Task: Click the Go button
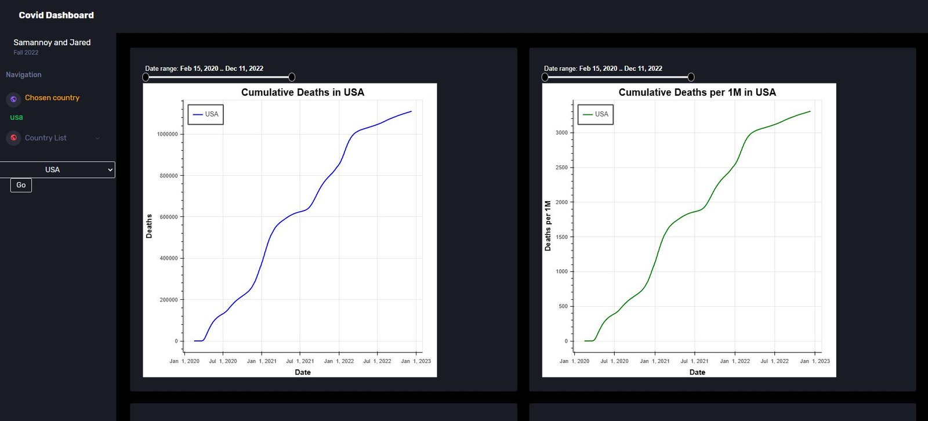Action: (21, 185)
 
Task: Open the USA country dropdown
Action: (57, 170)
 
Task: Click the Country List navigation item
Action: (46, 138)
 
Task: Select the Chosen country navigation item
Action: (52, 98)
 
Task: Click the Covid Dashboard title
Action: (56, 16)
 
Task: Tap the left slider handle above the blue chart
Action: (146, 77)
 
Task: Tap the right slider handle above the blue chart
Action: (292, 77)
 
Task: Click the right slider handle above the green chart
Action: (691, 77)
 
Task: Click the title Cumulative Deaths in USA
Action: (303, 92)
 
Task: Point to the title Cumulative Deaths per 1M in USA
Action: (697, 92)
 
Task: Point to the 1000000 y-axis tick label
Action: (168, 135)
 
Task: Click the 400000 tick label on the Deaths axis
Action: (169, 259)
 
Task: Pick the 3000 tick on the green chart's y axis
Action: (561, 133)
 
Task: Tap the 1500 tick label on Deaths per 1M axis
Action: (561, 237)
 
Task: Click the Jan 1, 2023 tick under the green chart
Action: (815, 361)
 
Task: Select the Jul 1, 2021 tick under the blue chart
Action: (300, 361)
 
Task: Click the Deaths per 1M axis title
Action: (548, 226)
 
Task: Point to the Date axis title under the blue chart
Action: (303, 372)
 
